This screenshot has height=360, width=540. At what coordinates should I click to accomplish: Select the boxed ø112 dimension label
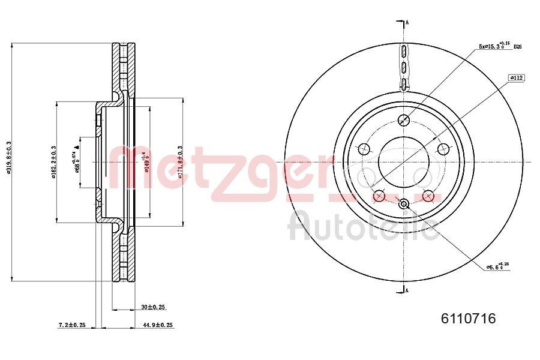pos(517,78)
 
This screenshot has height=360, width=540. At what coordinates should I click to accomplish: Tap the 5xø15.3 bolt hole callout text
pos(494,45)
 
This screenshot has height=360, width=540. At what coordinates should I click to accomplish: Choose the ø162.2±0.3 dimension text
pos(53,161)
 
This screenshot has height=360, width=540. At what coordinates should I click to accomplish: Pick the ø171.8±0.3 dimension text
pos(180,161)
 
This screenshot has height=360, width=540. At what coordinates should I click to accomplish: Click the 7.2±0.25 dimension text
pos(72,325)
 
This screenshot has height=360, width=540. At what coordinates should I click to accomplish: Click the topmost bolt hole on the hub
pos(404,119)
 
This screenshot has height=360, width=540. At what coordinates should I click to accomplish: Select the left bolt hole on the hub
pos(363,149)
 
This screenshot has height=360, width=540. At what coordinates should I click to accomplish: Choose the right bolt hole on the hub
pos(444,149)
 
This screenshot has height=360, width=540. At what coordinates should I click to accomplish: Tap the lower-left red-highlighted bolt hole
pos(379,196)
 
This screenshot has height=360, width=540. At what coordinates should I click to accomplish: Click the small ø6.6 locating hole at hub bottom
pos(404,204)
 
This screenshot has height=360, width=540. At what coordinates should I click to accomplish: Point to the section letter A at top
pos(407,23)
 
